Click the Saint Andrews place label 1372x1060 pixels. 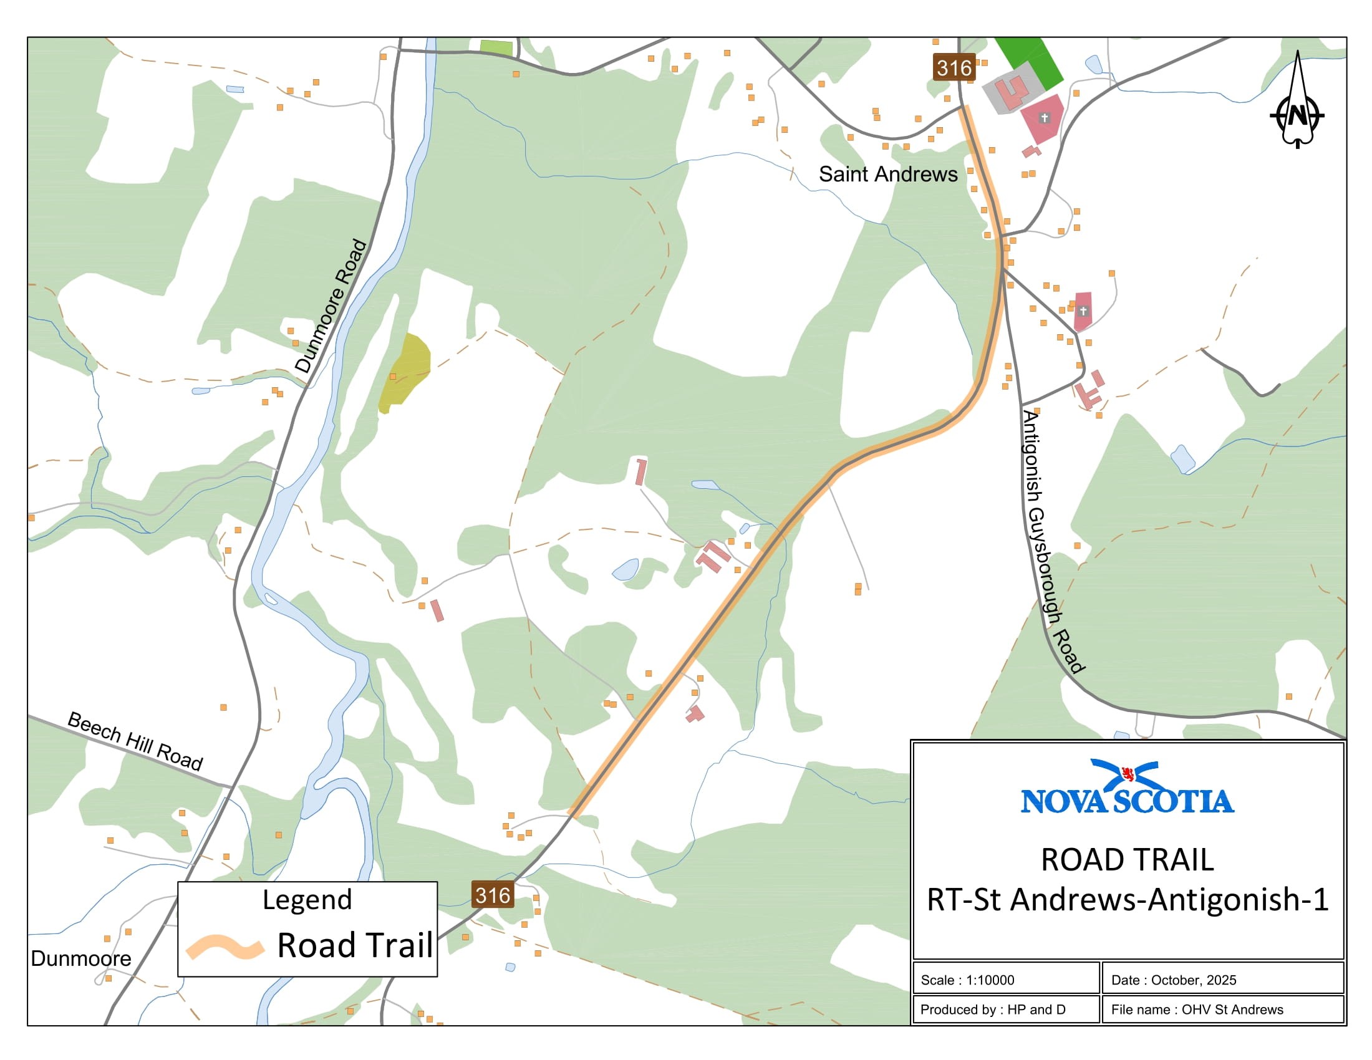(x=887, y=174)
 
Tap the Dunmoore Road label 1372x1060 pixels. (x=331, y=306)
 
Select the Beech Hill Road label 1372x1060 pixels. (x=135, y=741)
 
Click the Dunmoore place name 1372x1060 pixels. (x=81, y=958)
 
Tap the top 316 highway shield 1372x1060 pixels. (x=954, y=68)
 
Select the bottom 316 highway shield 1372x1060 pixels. (x=493, y=895)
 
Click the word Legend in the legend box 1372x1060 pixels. (x=307, y=900)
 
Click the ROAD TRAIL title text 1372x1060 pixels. (x=1127, y=860)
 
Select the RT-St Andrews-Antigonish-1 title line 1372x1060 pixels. (x=1128, y=899)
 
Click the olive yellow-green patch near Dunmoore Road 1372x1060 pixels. (x=405, y=372)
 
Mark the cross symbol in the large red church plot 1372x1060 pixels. (x=1044, y=117)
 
